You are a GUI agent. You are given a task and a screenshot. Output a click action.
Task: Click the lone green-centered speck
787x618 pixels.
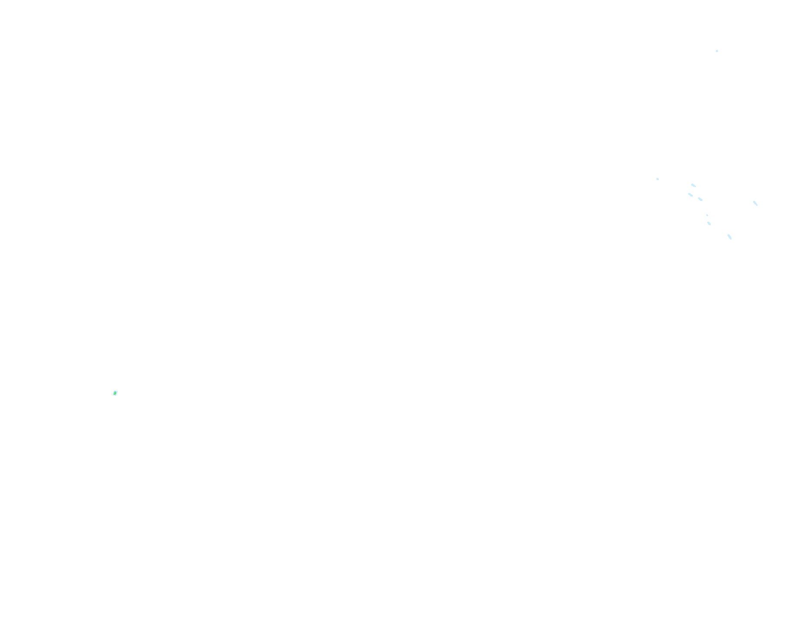click(x=115, y=393)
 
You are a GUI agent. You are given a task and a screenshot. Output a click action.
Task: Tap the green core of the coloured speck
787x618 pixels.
click(x=115, y=393)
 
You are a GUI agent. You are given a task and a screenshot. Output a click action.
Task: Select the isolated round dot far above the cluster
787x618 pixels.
click(x=717, y=51)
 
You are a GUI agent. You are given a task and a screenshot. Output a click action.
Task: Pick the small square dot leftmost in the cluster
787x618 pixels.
click(x=657, y=179)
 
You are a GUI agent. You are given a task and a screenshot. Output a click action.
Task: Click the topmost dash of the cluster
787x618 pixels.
click(x=693, y=185)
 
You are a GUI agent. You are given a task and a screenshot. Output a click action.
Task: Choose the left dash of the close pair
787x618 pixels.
click(x=690, y=195)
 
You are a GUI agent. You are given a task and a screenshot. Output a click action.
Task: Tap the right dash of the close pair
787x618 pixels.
click(x=700, y=199)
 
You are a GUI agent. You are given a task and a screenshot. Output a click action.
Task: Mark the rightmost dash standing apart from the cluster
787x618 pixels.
click(x=755, y=203)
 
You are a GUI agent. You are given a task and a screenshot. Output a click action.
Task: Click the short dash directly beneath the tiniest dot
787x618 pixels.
click(x=709, y=224)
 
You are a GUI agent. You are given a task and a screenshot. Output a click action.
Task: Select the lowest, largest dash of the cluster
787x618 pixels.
click(x=729, y=237)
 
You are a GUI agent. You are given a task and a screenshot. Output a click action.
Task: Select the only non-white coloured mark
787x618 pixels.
click(x=115, y=393)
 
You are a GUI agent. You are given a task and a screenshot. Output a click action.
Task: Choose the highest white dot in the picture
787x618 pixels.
click(x=717, y=51)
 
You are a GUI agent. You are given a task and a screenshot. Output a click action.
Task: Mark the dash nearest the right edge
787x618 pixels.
click(x=755, y=203)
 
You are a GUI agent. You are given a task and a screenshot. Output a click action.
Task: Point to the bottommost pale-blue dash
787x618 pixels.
click(x=729, y=237)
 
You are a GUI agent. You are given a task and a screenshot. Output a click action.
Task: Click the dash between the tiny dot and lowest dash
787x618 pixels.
click(x=709, y=224)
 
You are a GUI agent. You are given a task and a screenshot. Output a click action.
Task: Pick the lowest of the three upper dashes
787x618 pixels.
click(x=700, y=199)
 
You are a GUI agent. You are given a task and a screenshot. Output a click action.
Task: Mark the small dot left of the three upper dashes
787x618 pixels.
click(x=657, y=179)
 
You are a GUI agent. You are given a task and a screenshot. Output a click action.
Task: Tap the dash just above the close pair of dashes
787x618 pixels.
click(x=693, y=185)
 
